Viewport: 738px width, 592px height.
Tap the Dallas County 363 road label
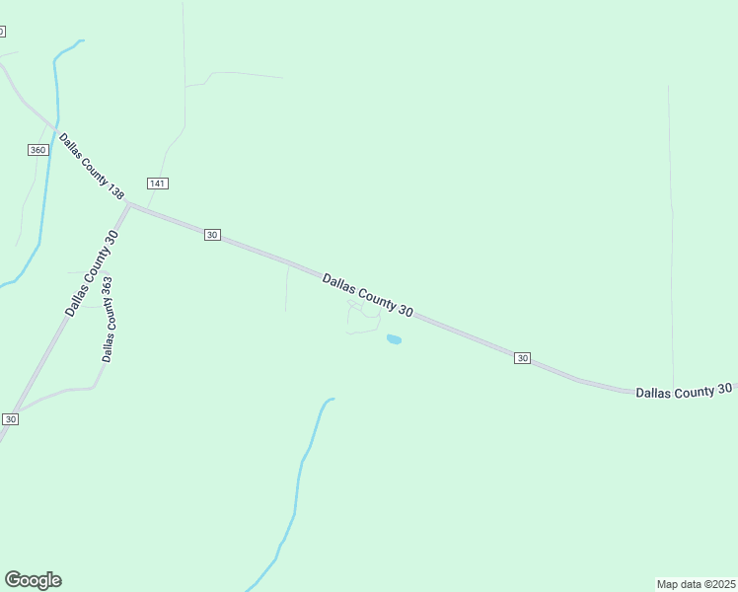point(108,318)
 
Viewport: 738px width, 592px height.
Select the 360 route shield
point(37,149)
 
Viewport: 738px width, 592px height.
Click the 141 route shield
point(158,184)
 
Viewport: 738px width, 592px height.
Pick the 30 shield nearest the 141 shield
point(212,235)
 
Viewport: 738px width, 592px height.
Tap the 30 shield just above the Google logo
point(10,419)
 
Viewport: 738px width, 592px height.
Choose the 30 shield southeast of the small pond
point(523,357)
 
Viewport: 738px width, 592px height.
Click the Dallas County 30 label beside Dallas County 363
point(92,272)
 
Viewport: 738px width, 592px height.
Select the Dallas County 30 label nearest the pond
point(367,295)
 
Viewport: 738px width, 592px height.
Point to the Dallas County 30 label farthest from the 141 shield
point(684,391)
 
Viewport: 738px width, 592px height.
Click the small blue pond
point(394,339)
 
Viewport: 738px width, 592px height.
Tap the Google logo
point(33,580)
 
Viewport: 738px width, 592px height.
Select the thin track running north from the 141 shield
point(184,89)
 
